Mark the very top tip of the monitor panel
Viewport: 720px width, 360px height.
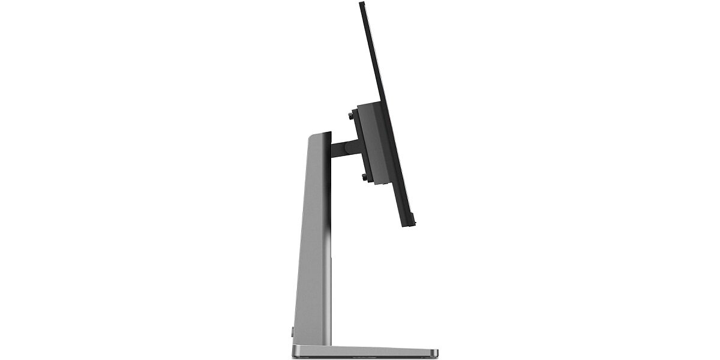tap(362, 4)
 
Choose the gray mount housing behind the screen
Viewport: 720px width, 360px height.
tap(372, 144)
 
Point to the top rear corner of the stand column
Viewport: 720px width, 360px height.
tap(310, 136)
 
